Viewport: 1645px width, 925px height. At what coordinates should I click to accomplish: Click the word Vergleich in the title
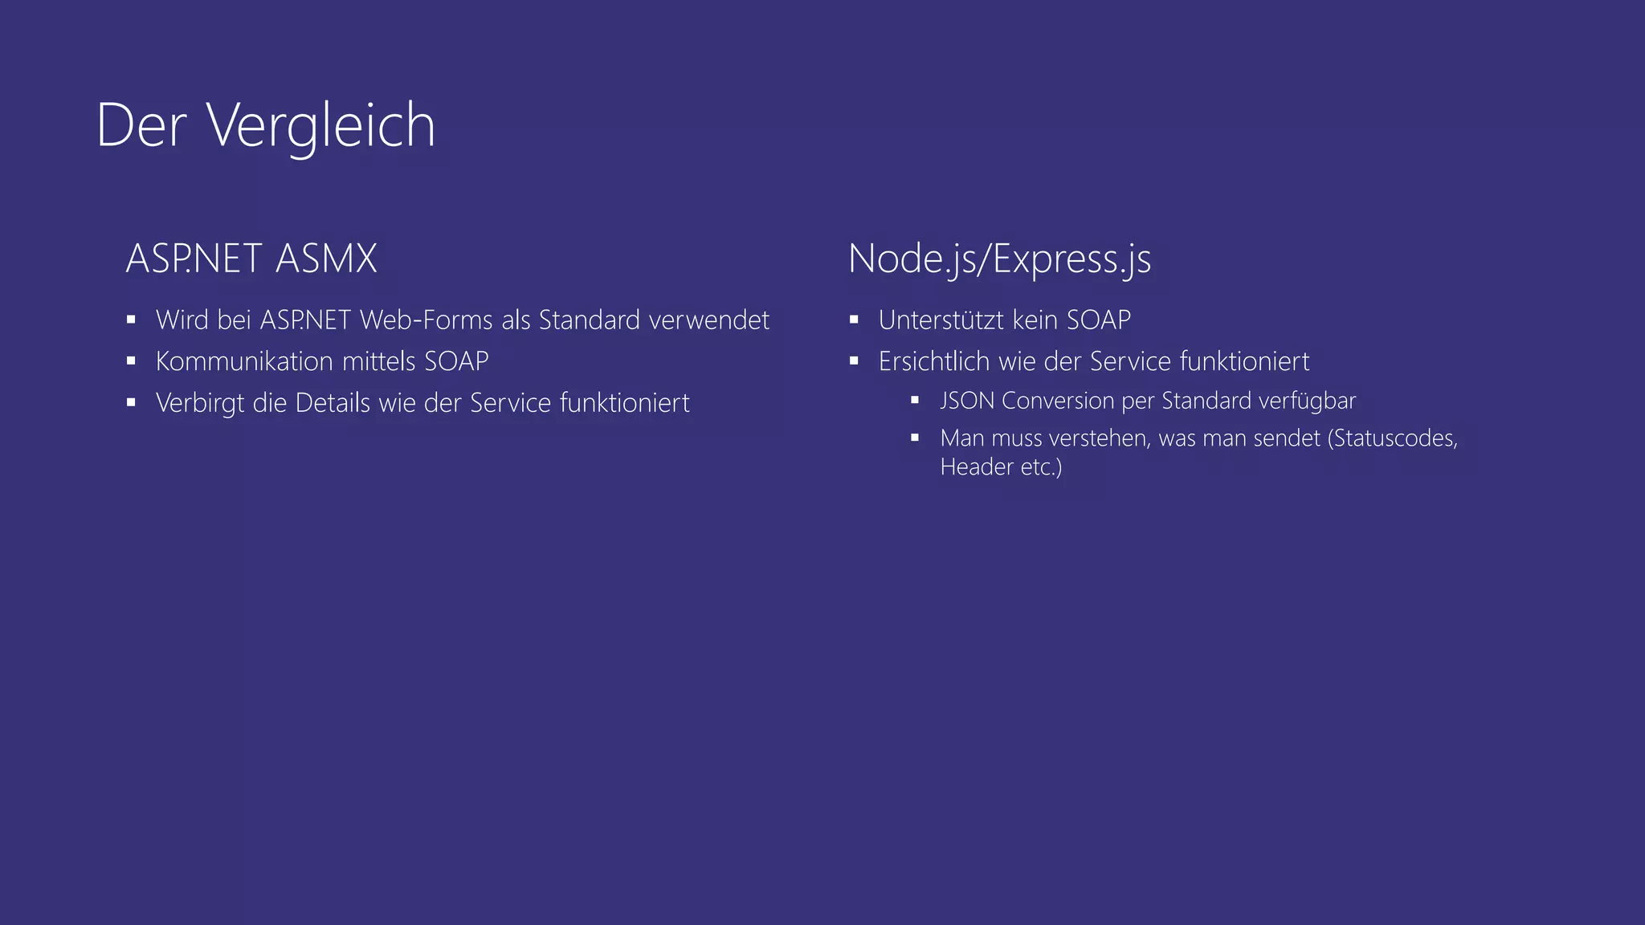coord(321,125)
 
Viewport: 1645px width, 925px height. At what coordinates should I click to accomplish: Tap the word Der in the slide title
coord(141,125)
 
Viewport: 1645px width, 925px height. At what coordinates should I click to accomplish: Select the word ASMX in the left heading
coord(325,259)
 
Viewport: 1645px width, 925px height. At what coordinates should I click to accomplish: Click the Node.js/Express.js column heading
coord(999,259)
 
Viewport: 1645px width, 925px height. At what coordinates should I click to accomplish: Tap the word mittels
coord(379,361)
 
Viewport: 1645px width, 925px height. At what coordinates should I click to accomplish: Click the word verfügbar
coord(1312,401)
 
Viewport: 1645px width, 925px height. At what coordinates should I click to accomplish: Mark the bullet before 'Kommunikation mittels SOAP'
coord(131,361)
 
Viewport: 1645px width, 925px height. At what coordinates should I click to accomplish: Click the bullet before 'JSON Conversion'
coord(915,400)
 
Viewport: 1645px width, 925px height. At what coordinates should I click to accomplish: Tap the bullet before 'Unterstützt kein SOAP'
coord(854,320)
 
